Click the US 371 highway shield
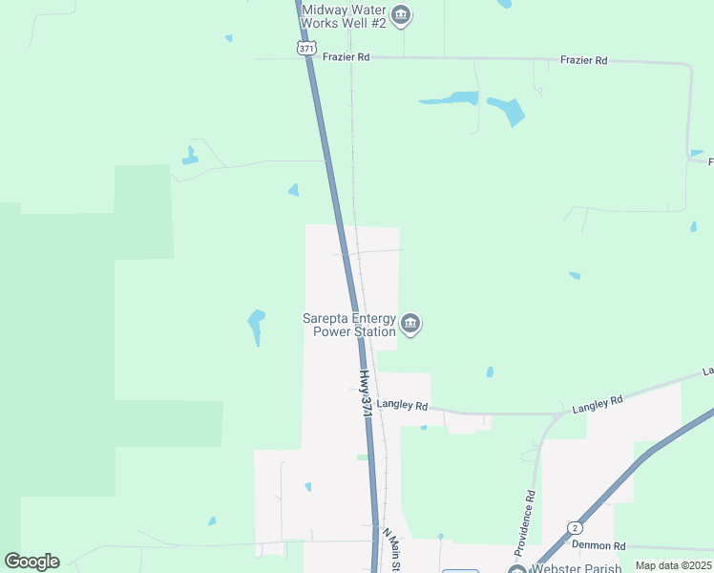pyautogui.click(x=305, y=47)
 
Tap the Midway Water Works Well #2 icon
pyautogui.click(x=402, y=14)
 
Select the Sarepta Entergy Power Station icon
pyautogui.click(x=410, y=325)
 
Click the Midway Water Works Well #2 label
pyautogui.click(x=344, y=15)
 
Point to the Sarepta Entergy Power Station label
pyautogui.click(x=349, y=326)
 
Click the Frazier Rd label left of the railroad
pyautogui.click(x=346, y=57)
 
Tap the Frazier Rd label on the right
pyautogui.click(x=583, y=60)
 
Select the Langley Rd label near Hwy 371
pyautogui.click(x=402, y=405)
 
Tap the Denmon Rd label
pyautogui.click(x=598, y=545)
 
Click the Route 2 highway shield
pyautogui.click(x=575, y=528)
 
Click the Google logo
pyautogui.click(x=31, y=562)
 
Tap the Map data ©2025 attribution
pyautogui.click(x=672, y=565)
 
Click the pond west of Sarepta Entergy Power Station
pyautogui.click(x=256, y=325)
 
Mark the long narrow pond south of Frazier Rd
pyautogui.click(x=449, y=98)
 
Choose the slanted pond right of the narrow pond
pyautogui.click(x=507, y=111)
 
